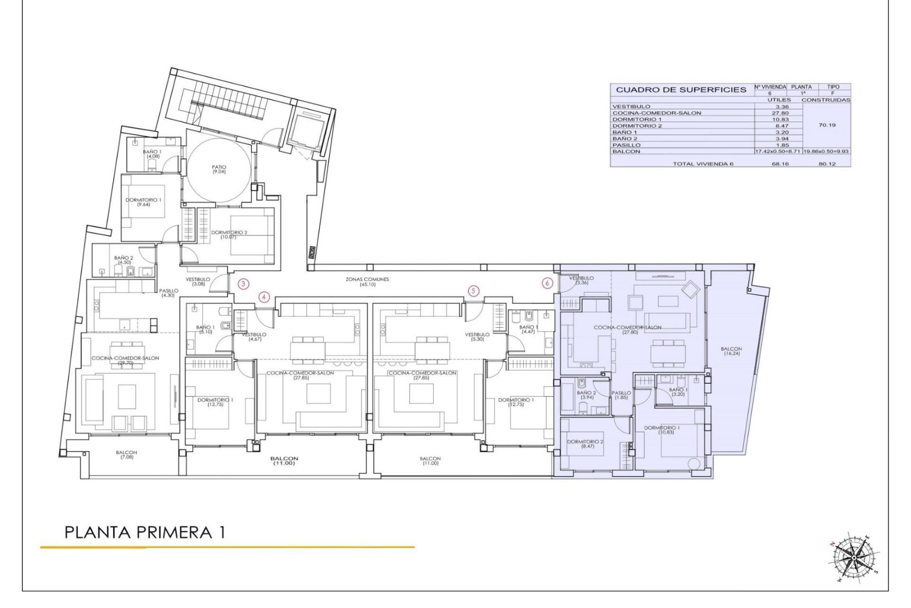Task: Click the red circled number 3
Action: [x=243, y=284]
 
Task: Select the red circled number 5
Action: [x=473, y=291]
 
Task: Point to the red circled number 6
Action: [x=548, y=283]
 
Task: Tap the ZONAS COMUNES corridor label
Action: [x=367, y=282]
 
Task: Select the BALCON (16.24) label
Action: [x=731, y=351]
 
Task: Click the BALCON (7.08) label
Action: [x=126, y=455]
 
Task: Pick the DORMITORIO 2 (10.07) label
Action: [x=229, y=234]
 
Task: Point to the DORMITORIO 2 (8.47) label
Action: [x=585, y=444]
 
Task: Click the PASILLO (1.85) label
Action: [x=621, y=395]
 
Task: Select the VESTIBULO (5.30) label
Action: [x=477, y=337]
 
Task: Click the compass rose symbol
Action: [x=854, y=557]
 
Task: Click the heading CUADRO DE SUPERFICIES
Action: [x=681, y=90]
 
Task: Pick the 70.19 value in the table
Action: [x=827, y=125]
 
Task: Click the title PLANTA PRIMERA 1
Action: [x=144, y=532]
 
